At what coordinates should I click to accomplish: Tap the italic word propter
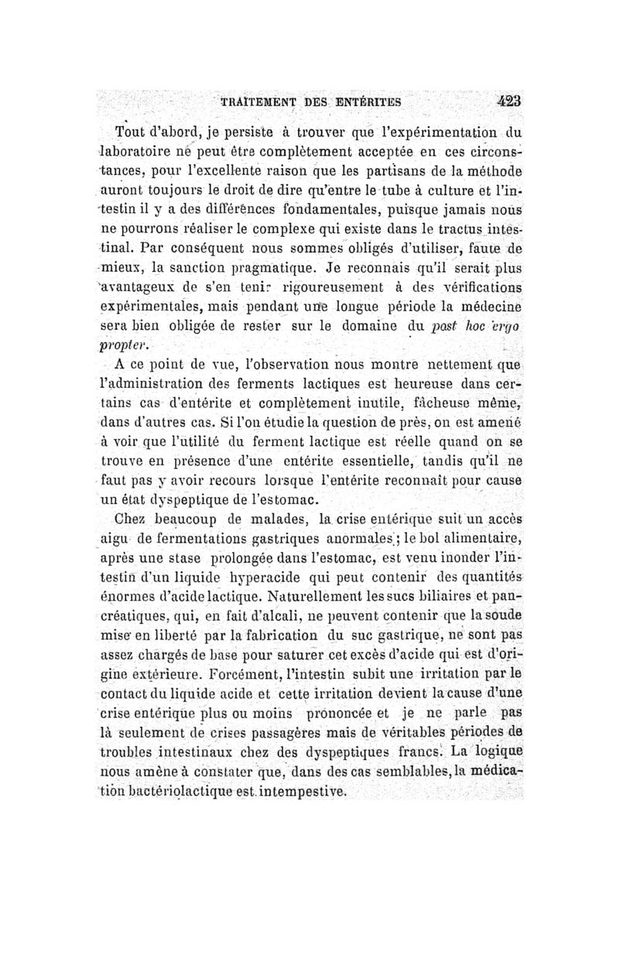[125, 345]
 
